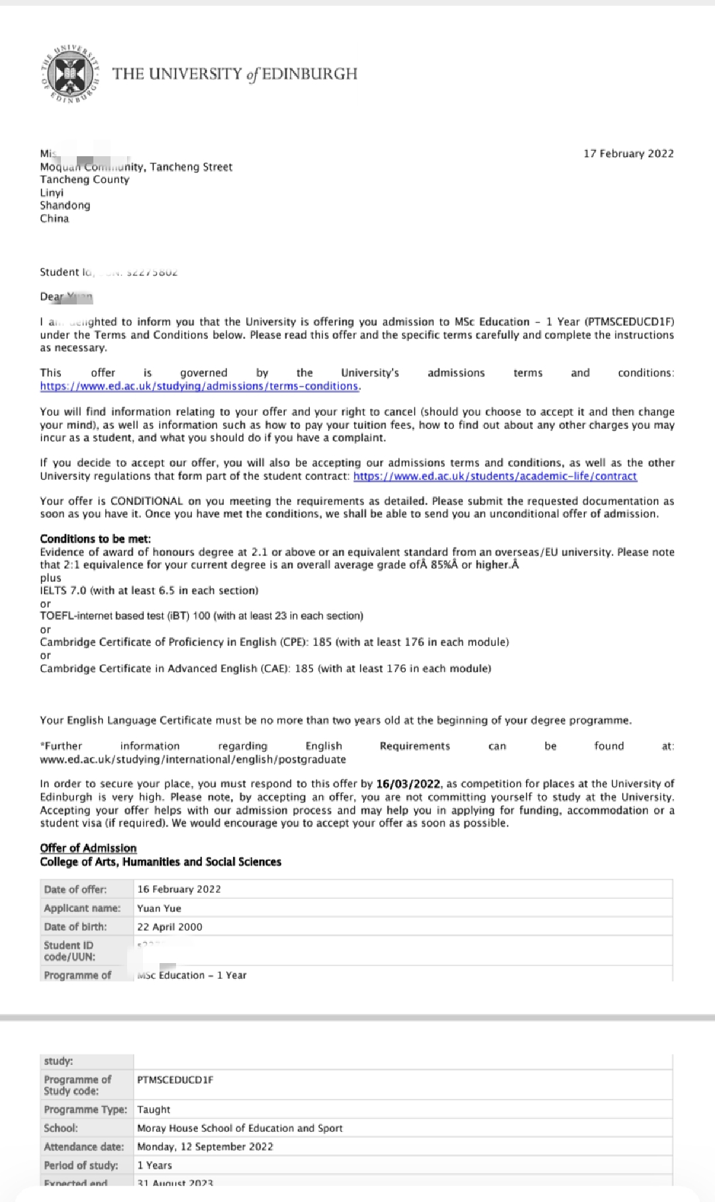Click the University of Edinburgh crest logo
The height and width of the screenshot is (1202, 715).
(x=70, y=73)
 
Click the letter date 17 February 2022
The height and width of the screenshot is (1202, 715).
(x=628, y=154)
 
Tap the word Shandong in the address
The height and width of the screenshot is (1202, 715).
(x=65, y=205)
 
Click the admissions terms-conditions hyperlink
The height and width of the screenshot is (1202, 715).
(x=199, y=386)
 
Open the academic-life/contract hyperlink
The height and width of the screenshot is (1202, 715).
(x=495, y=476)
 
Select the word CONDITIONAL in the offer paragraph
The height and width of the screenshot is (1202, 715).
(x=146, y=501)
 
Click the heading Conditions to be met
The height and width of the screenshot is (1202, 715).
(x=95, y=539)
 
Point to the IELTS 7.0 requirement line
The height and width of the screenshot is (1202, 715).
(x=149, y=590)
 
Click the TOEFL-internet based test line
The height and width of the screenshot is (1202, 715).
(x=201, y=616)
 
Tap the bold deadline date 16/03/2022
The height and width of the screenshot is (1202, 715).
(x=408, y=784)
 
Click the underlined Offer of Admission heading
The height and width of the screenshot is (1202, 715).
(x=88, y=848)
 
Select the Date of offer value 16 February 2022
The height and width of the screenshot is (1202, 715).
(x=179, y=889)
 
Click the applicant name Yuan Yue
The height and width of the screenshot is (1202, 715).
(x=159, y=908)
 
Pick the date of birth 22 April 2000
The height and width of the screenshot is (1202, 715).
(x=169, y=927)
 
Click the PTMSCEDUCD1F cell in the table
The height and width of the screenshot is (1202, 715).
(x=175, y=1080)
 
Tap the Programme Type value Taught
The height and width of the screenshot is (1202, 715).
(x=154, y=1109)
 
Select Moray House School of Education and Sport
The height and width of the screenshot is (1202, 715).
(x=240, y=1128)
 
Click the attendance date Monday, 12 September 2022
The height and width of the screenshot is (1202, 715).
(x=205, y=1146)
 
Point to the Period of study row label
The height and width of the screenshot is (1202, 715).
(x=81, y=1165)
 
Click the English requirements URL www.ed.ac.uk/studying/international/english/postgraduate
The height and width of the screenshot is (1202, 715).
(x=193, y=759)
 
